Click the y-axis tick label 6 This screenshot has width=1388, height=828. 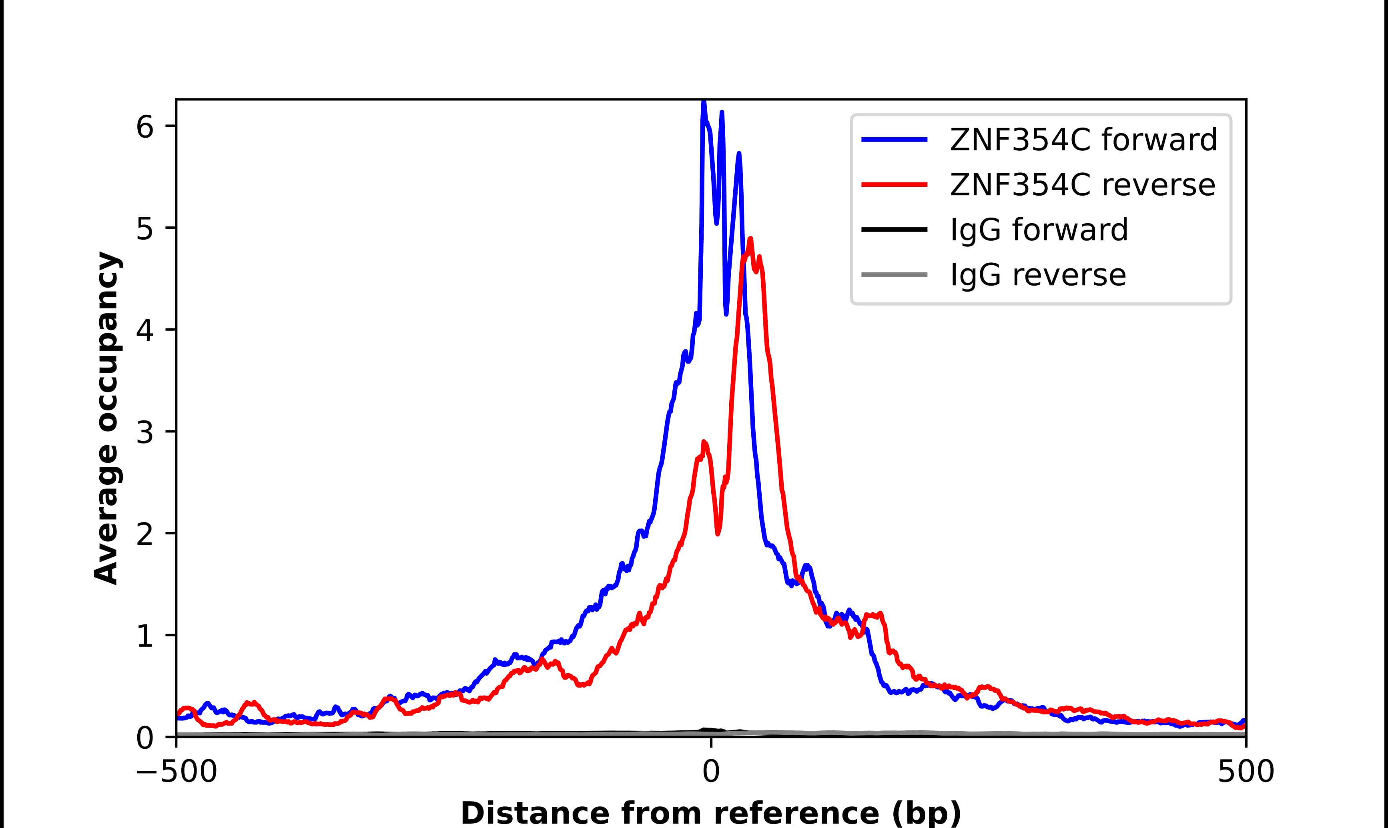144,128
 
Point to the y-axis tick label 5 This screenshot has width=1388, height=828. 144,229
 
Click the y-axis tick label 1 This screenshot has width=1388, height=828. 144,637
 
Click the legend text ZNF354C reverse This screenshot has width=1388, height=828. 1082,185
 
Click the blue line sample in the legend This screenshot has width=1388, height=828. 894,140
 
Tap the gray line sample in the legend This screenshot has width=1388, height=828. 894,274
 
